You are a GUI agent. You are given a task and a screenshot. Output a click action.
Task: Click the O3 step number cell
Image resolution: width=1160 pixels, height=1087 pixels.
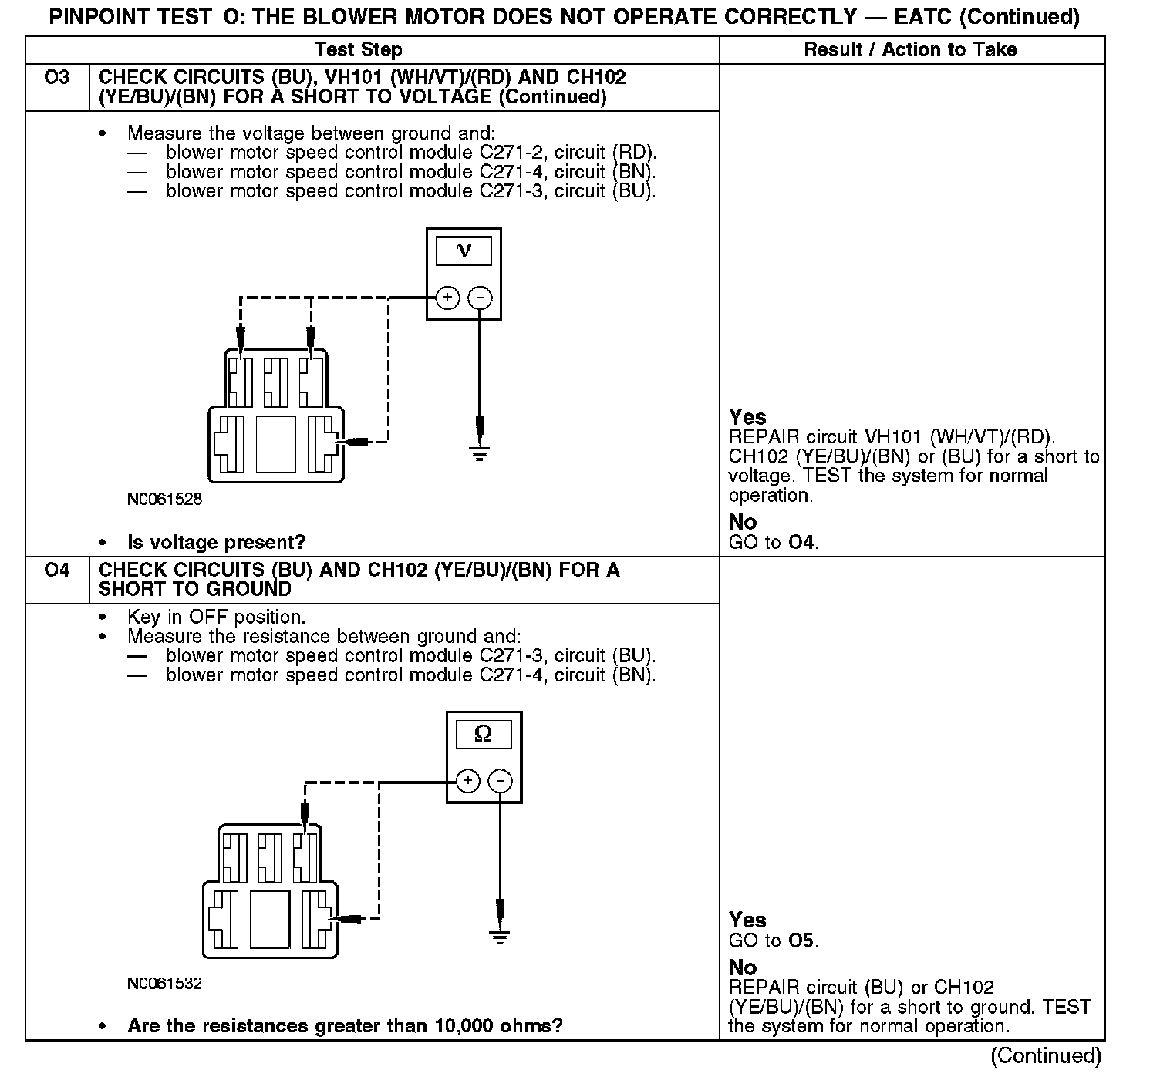click(57, 78)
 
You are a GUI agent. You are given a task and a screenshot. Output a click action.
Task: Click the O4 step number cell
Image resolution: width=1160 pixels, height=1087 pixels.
click(57, 570)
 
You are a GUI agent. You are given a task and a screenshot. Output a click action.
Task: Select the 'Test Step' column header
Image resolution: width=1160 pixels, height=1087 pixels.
click(359, 50)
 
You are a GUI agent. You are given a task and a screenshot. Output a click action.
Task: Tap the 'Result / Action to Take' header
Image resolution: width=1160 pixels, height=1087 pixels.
click(910, 50)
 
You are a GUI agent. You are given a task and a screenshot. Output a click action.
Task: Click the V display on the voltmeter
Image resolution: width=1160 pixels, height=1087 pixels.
click(464, 251)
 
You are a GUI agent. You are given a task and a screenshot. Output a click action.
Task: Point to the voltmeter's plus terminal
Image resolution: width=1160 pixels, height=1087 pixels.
click(447, 298)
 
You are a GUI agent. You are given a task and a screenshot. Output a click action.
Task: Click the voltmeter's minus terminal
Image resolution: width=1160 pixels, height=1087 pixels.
click(480, 298)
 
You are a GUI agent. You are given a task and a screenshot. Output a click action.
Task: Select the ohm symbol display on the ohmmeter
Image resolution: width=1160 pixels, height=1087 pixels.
click(484, 735)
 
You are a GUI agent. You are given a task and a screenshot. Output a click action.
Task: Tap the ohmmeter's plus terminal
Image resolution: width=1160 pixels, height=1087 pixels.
click(467, 781)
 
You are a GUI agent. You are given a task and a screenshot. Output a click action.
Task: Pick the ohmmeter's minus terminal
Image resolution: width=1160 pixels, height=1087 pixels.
click(501, 781)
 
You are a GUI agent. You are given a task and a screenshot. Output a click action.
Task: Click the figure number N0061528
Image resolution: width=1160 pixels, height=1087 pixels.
click(165, 500)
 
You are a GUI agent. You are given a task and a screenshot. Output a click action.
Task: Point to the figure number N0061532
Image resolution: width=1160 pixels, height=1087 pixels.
click(165, 984)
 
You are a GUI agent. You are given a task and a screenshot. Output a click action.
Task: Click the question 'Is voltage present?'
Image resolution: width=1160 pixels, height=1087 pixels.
click(216, 543)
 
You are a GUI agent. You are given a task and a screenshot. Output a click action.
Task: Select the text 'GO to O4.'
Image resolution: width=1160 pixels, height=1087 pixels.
click(774, 543)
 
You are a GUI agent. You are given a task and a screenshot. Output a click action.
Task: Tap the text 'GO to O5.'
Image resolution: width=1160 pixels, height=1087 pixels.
click(774, 941)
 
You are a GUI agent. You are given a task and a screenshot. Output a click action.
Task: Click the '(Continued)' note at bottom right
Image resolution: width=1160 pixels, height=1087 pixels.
click(1045, 1056)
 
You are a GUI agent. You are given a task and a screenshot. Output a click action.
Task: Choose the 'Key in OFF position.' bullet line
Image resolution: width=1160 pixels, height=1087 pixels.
click(216, 618)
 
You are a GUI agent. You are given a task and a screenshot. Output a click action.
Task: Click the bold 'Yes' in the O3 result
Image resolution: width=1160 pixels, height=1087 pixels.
click(747, 417)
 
